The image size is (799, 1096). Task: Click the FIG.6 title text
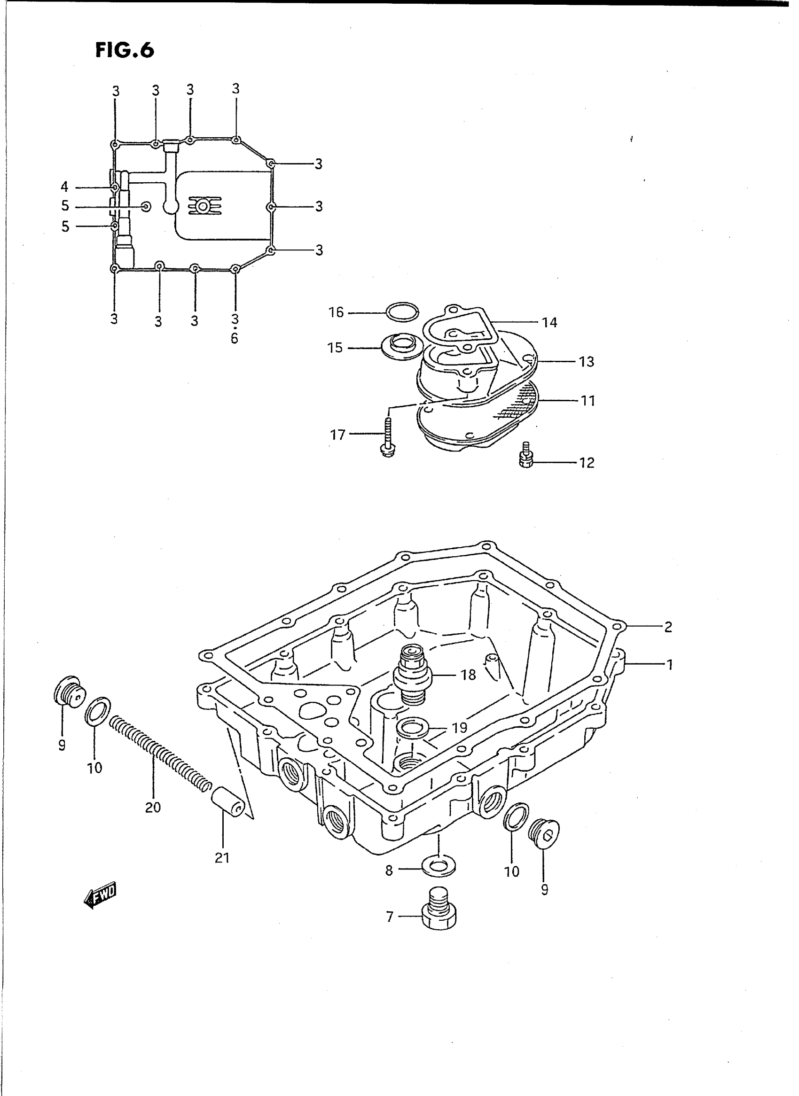124,50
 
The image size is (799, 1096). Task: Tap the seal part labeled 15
401,347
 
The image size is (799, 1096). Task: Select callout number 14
550,322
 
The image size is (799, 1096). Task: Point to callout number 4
64,187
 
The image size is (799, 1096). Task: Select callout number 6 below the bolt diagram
235,339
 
